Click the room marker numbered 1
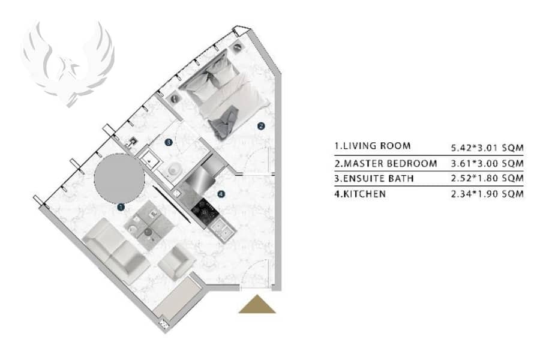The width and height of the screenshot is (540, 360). click(x=121, y=207)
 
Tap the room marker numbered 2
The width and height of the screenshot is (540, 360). click(x=261, y=126)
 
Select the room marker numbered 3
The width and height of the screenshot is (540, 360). click(x=169, y=142)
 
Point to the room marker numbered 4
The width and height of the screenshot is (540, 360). click(x=221, y=194)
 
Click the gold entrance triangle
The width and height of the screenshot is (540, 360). click(x=257, y=305)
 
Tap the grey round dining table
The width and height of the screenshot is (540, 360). click(x=119, y=178)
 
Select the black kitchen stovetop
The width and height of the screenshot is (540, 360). click(x=205, y=210)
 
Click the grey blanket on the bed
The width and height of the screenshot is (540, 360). click(x=224, y=122)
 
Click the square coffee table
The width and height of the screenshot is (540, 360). click(x=148, y=226)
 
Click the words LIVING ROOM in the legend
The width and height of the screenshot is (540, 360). click(x=377, y=146)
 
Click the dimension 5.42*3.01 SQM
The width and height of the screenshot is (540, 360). click(x=487, y=148)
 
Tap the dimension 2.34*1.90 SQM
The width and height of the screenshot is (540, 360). click(x=487, y=194)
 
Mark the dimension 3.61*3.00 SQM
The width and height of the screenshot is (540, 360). click(x=487, y=163)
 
